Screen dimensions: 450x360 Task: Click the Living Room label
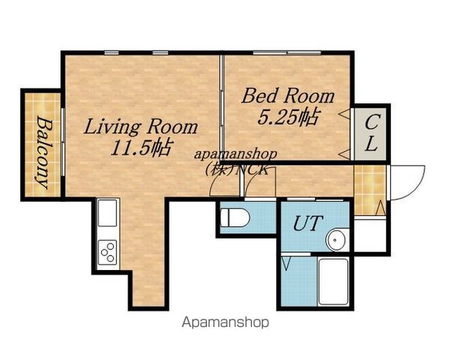coord(141,127)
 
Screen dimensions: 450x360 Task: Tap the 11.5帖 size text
coord(141,148)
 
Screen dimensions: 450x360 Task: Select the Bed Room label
coord(288,96)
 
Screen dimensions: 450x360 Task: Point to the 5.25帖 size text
coord(288,117)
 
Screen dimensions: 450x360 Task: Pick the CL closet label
coord(372,133)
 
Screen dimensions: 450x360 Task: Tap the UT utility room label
coord(307,223)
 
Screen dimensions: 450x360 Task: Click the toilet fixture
coord(235,217)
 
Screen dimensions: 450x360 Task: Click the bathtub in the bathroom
coord(334,282)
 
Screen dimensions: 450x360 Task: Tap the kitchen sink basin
coord(107,213)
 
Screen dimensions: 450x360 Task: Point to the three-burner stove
coord(107,252)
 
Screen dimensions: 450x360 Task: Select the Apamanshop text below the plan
coord(226,322)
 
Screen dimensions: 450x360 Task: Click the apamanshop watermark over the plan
coord(235,154)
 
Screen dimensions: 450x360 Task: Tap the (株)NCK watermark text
coord(236,169)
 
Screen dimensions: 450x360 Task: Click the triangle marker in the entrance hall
coord(380,207)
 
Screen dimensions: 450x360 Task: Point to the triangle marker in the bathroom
coord(286,264)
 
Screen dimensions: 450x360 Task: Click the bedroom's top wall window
coord(287,52)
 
